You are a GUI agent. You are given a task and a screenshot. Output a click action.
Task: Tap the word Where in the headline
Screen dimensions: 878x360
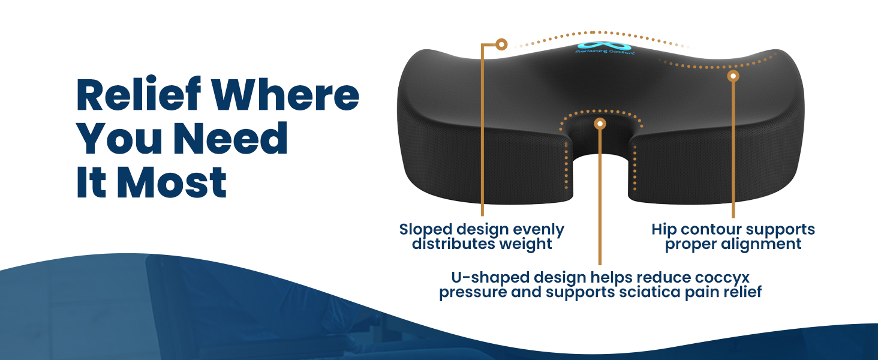286,95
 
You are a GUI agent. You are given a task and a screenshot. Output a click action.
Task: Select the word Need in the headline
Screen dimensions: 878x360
230,138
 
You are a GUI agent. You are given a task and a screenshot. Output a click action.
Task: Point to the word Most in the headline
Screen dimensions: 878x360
172,182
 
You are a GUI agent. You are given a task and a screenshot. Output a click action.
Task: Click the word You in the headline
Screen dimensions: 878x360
119,138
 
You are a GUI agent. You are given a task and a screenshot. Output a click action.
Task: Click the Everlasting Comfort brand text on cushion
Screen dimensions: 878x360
605,52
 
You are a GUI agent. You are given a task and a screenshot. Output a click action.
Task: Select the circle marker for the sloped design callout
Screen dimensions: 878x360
501,44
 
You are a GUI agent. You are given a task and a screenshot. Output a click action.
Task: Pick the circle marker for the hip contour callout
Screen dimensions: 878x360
733,76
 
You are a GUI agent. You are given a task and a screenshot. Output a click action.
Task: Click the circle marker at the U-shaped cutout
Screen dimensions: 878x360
600,124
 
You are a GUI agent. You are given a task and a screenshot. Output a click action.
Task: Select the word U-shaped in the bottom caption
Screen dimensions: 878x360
491,278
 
